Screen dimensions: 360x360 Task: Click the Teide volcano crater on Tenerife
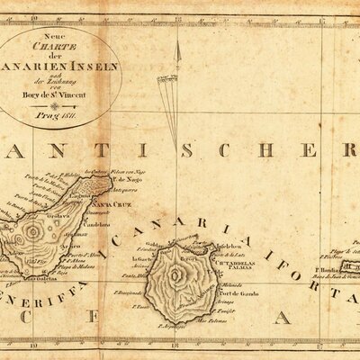point(35,233)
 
